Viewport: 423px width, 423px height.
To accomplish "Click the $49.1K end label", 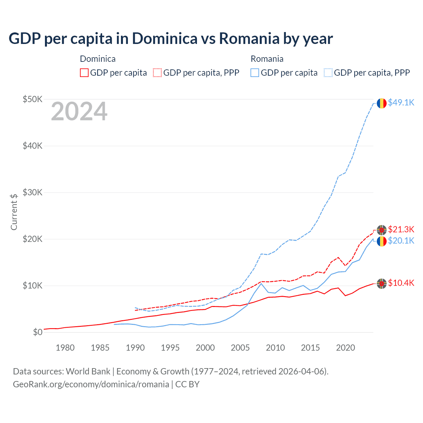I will (x=401, y=102).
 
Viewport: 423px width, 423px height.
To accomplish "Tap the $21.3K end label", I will (x=401, y=229).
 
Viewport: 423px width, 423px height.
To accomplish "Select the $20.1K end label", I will (x=401, y=241).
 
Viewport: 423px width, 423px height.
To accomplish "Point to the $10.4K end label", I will (x=401, y=283).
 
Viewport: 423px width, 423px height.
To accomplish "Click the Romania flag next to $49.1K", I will (x=382, y=103).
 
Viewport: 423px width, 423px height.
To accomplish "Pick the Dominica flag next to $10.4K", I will (x=382, y=283).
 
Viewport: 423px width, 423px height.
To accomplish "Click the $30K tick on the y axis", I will (x=32, y=192).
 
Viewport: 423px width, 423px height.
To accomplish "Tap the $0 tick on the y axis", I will (x=38, y=332).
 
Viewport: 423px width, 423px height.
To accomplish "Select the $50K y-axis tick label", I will (x=32, y=99).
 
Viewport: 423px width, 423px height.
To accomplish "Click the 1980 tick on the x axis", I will (x=65, y=348).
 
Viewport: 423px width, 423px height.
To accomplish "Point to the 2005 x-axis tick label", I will (x=240, y=348).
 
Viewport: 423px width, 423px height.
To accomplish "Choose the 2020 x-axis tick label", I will (x=345, y=348).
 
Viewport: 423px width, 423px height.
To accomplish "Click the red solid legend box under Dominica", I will (x=84, y=73).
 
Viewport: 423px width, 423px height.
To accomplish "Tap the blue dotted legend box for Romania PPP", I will (x=328, y=73).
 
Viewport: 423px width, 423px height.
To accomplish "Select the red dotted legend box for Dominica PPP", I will (x=157, y=73).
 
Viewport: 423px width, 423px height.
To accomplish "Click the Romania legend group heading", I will (x=267, y=59).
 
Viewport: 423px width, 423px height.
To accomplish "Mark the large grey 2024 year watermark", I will (x=79, y=112).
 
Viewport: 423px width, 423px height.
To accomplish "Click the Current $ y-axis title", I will (x=14, y=212).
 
